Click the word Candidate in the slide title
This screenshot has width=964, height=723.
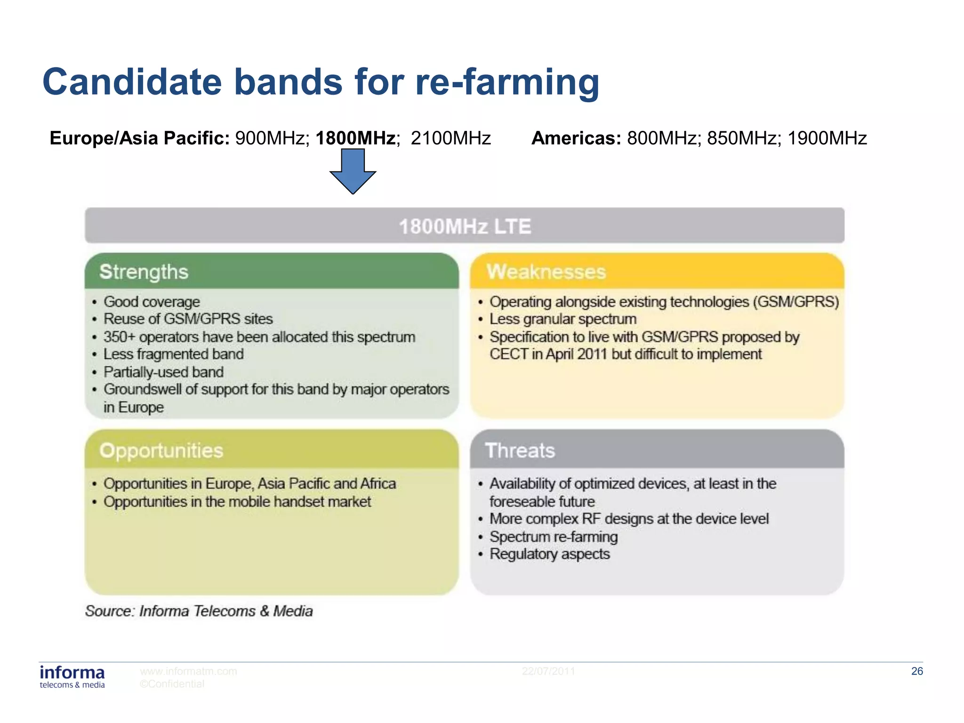pos(132,82)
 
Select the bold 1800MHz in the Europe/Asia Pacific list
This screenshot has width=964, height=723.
pos(356,138)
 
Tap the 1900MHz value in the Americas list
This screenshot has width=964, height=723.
pos(827,138)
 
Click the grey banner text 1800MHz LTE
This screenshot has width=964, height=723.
pos(465,226)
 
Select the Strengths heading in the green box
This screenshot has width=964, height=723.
pos(144,272)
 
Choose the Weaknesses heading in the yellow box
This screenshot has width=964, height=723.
pos(546,272)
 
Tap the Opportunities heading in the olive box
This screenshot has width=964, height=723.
pos(161,450)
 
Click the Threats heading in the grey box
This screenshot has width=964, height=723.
pos(520,450)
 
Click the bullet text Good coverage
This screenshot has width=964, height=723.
pos(152,302)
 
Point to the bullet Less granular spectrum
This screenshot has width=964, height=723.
pos(562,319)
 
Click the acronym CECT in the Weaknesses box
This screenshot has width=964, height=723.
pos(508,354)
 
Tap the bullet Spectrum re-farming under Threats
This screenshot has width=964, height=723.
pos(554,537)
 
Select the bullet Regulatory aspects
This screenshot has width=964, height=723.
pos(549,554)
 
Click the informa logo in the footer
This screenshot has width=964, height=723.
pos(72,676)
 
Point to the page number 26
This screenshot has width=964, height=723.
pos(916,671)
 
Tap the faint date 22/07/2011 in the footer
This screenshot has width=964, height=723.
pos(548,671)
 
